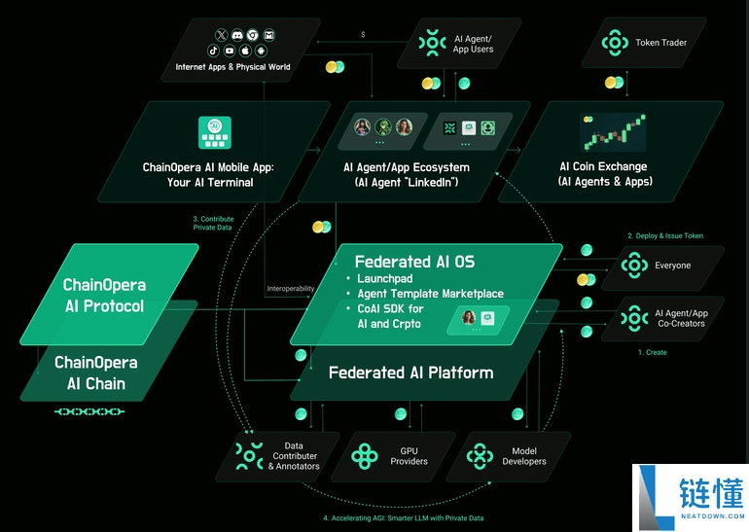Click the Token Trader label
pyautogui.click(x=660, y=43)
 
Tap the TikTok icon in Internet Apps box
pyautogui.click(x=214, y=51)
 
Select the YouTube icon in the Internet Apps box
pyautogui.click(x=230, y=51)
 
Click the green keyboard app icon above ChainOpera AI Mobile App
pyautogui.click(x=214, y=132)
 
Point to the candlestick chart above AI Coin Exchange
pyautogui.click(x=613, y=132)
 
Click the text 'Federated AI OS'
pyautogui.click(x=414, y=262)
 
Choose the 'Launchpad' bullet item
pyautogui.click(x=385, y=278)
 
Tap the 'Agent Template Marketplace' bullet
pyautogui.click(x=430, y=293)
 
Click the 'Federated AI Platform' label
pyautogui.click(x=410, y=372)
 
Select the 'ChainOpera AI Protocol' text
pyautogui.click(x=105, y=295)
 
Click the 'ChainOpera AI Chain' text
pyautogui.click(x=96, y=372)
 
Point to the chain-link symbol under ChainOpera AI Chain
pyautogui.click(x=89, y=411)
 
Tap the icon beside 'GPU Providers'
pyautogui.click(x=365, y=455)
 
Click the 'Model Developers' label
pyautogui.click(x=524, y=456)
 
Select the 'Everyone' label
pyautogui.click(x=672, y=266)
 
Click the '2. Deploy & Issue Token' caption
pyautogui.click(x=665, y=235)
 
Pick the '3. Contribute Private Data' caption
pyautogui.click(x=214, y=223)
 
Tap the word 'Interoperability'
pyautogui.click(x=291, y=289)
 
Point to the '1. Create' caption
pyautogui.click(x=653, y=352)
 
